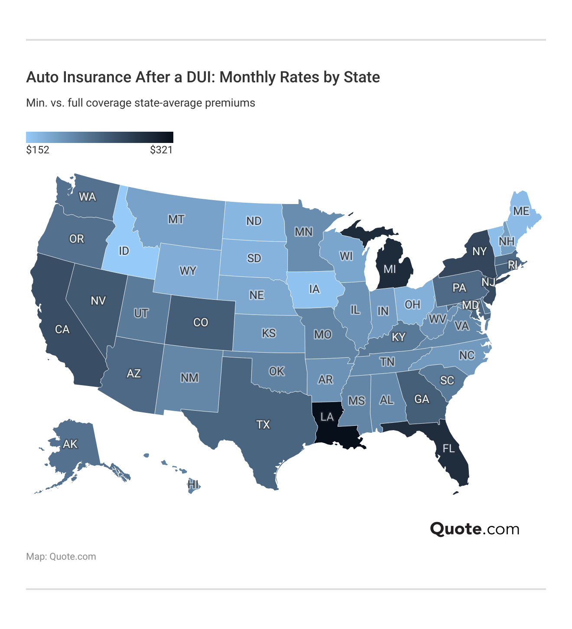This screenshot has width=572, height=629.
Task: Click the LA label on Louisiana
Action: (x=327, y=417)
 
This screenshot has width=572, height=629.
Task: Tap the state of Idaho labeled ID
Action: (x=123, y=251)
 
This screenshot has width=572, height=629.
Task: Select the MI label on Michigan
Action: (x=390, y=269)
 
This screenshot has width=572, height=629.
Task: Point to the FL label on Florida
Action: (x=448, y=448)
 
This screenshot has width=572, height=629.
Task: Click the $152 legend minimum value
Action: (x=38, y=150)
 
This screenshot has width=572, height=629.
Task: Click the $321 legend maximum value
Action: (x=161, y=150)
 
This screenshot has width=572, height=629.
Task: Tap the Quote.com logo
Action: (x=474, y=529)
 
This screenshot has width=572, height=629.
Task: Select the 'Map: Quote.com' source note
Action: (x=61, y=557)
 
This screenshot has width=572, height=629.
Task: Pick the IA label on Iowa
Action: (x=314, y=289)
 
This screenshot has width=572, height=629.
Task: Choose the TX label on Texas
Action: (x=263, y=425)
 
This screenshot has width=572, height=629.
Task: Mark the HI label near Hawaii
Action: (x=193, y=484)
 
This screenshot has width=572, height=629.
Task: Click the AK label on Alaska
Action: (x=70, y=444)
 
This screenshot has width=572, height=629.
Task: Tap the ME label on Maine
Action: (x=521, y=211)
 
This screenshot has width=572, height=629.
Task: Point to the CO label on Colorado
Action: (x=201, y=322)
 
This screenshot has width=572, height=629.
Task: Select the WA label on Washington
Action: (x=87, y=197)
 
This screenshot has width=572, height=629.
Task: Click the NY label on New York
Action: (x=479, y=251)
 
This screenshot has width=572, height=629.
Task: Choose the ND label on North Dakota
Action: (x=254, y=221)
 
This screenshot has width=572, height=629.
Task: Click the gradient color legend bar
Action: (x=100, y=137)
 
